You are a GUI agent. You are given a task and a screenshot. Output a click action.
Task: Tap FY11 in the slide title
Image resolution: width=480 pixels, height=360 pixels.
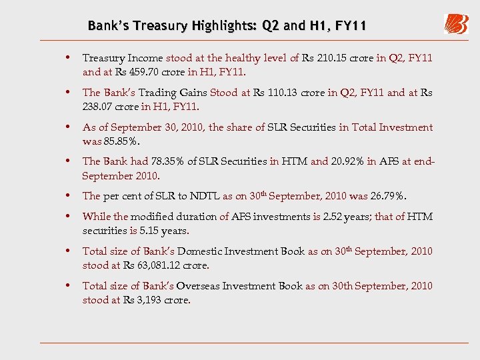coord(351,26)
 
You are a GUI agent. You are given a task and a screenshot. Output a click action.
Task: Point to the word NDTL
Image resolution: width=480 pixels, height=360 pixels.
coord(201,196)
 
